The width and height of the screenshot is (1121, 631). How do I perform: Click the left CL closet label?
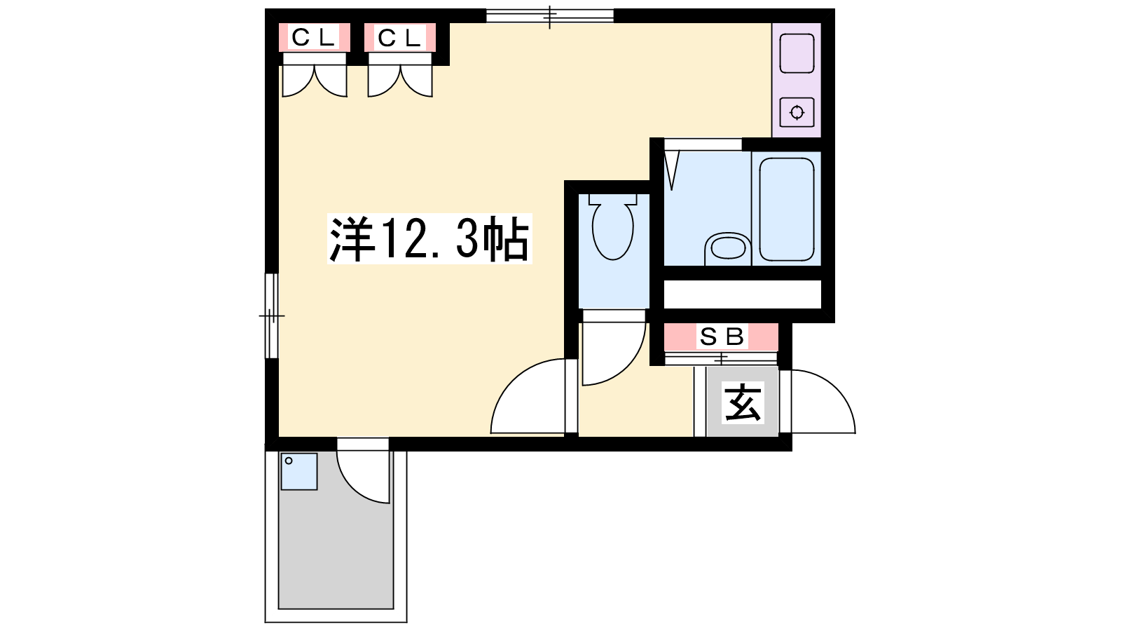(x=313, y=37)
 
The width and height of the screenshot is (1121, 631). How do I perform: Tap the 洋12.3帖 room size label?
(x=429, y=238)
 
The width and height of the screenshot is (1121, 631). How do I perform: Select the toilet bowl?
(x=612, y=227)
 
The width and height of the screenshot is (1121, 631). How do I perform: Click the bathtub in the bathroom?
(x=787, y=209)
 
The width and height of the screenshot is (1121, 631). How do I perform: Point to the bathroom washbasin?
(x=728, y=248)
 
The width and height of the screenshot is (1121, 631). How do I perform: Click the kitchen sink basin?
(x=797, y=53)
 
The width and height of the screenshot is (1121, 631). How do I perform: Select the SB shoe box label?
(x=721, y=337)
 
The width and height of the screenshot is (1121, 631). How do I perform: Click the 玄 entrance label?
(x=743, y=402)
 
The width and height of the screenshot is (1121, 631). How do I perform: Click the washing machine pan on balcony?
(x=298, y=471)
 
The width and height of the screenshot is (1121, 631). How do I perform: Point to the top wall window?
(x=550, y=15)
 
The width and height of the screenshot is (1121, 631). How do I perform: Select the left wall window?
(x=271, y=316)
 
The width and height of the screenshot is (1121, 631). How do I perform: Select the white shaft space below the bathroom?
(x=742, y=294)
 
